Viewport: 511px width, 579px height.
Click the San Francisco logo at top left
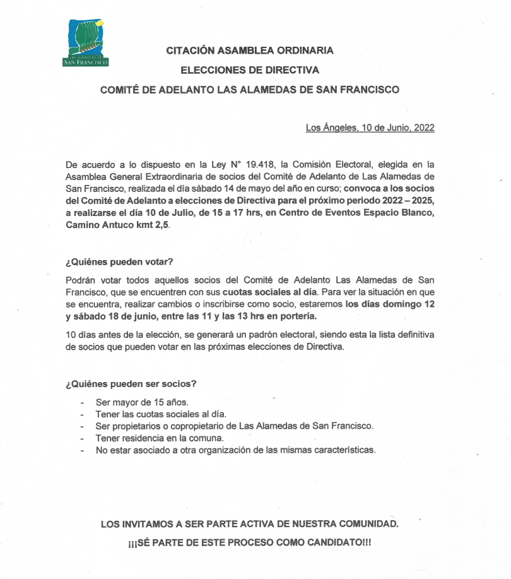click(86, 43)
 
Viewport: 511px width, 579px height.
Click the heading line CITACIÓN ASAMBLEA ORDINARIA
click(250, 51)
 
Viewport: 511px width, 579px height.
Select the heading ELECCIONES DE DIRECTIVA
click(250, 70)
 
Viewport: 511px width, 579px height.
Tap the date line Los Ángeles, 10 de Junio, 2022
click(370, 128)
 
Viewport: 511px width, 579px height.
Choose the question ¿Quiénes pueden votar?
click(119, 261)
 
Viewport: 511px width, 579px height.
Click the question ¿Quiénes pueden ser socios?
click(131, 383)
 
